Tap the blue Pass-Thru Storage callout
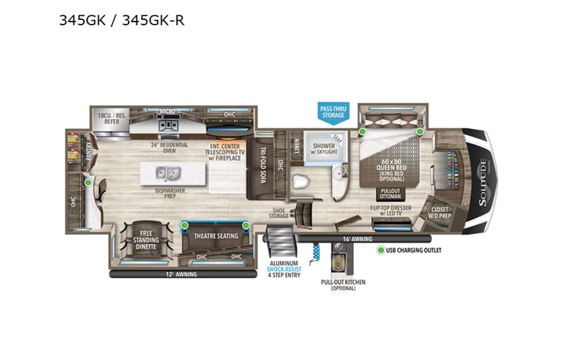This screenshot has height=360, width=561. click(x=333, y=113)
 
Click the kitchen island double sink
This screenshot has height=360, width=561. click(x=169, y=172)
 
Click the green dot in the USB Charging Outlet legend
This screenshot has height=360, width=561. click(x=380, y=249)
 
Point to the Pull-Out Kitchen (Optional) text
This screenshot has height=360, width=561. click(x=342, y=286)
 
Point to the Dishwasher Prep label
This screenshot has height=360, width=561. click(x=165, y=192)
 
